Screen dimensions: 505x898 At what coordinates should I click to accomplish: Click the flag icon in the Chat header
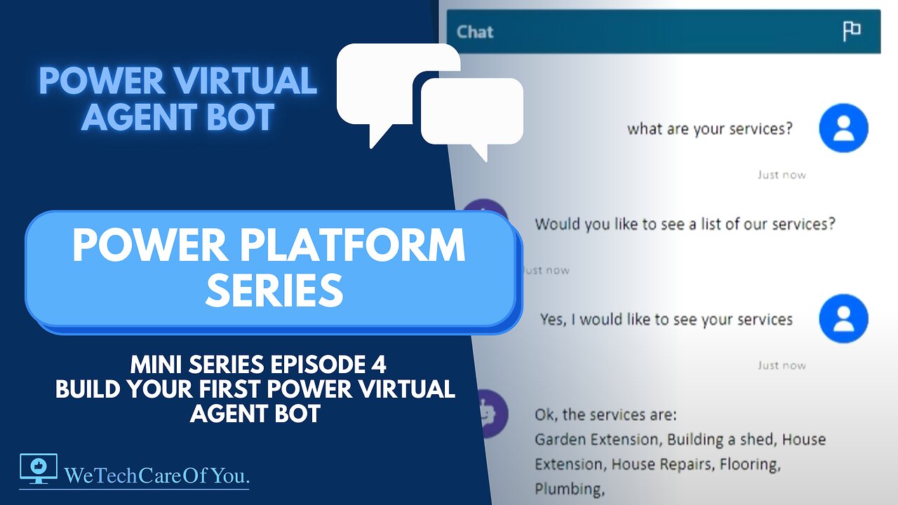click(x=852, y=31)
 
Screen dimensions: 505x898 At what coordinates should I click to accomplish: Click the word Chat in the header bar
click(x=475, y=32)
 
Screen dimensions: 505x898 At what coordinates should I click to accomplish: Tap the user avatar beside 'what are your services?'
click(x=843, y=128)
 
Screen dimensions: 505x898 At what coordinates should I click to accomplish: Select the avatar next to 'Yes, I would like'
click(x=843, y=318)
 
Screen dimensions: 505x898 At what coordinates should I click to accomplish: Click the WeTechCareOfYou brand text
click(x=157, y=476)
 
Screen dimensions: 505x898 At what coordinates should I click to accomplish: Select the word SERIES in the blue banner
click(x=274, y=290)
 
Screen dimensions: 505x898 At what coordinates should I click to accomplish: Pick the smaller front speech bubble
click(x=472, y=112)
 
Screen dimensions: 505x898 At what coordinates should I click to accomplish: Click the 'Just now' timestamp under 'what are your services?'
click(x=782, y=175)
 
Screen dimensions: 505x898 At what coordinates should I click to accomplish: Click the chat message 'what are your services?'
click(x=709, y=129)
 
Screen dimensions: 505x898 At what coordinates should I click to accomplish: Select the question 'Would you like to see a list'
click(x=685, y=224)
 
